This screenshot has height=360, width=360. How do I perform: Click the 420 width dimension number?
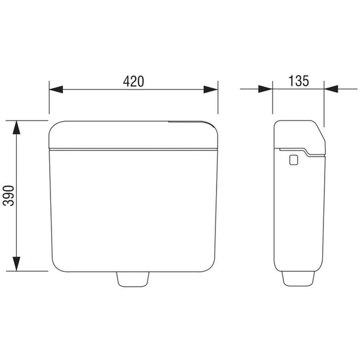coord(133,81)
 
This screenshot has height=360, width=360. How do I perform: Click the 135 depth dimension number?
coord(298,81)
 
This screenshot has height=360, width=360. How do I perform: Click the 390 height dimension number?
coord(9,196)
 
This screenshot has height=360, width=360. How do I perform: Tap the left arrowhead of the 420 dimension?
coord(56,89)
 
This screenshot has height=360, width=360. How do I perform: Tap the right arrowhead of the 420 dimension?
coord(211,89)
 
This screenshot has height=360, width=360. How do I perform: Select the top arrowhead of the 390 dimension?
coord(16,127)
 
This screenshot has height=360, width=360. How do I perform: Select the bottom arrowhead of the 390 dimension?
coord(16,264)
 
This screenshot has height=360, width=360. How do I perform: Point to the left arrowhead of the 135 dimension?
coord(265,89)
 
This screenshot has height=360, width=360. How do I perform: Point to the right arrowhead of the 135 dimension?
coord(331,89)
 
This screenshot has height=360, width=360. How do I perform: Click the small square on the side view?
coord(293,160)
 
